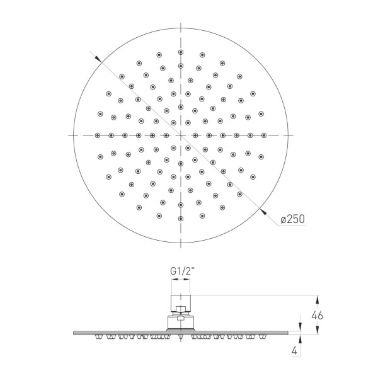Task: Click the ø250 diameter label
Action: click(293, 219)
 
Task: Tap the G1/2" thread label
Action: click(182, 272)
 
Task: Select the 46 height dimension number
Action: click(317, 316)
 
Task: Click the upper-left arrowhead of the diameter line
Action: click(98, 59)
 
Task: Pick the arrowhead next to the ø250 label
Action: click(263, 212)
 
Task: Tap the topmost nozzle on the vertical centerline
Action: click(181, 52)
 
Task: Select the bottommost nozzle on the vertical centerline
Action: click(181, 219)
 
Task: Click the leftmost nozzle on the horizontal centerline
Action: click(98, 135)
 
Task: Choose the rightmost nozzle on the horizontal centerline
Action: click(264, 135)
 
